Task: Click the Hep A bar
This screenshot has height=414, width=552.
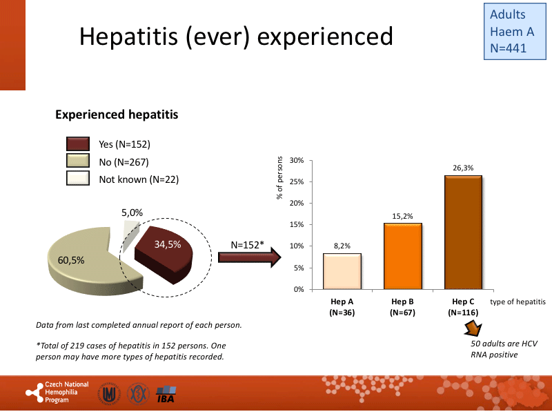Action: click(x=342, y=271)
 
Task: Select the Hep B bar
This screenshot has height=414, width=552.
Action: click(x=402, y=256)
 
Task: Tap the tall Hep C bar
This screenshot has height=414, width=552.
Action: click(x=463, y=233)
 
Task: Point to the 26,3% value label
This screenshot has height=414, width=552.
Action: click(x=463, y=168)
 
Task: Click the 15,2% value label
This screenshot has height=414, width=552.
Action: click(x=402, y=216)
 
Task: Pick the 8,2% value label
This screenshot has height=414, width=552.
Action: click(x=342, y=246)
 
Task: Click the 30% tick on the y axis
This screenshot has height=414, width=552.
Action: click(x=297, y=161)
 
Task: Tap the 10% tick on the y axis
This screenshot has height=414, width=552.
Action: click(x=297, y=246)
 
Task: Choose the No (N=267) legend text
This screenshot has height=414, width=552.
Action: click(x=124, y=162)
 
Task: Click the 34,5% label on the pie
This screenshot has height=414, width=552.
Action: click(x=168, y=244)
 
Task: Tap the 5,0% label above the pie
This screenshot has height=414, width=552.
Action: click(x=132, y=213)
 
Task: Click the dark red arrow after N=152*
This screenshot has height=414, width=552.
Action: click(x=249, y=258)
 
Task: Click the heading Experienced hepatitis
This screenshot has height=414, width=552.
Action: click(x=117, y=115)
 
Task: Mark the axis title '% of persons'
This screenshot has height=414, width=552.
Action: click(x=280, y=178)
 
